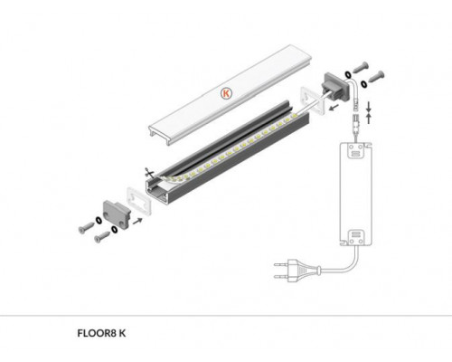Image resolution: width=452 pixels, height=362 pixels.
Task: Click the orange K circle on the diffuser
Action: pyautogui.click(x=225, y=91)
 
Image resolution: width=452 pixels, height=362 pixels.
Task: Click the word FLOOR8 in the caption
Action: pyautogui.click(x=98, y=332)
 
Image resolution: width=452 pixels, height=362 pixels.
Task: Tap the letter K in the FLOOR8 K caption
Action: pyautogui.click(x=123, y=332)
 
